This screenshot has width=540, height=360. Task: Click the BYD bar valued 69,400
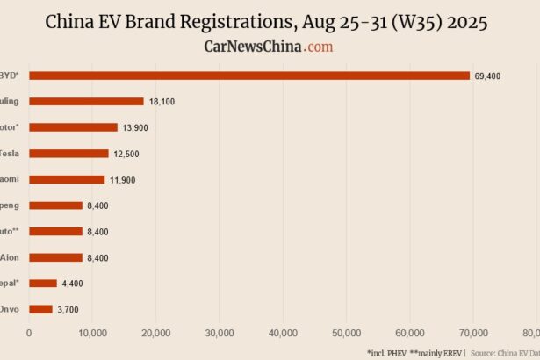click(249, 76)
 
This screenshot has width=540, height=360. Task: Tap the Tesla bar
click(68, 154)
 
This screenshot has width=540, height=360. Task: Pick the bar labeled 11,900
click(67, 179)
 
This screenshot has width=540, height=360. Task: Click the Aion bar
click(55, 257)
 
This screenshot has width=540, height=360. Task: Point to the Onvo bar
click(40, 309)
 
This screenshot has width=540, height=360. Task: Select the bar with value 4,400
click(43, 284)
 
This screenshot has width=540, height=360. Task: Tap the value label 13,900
click(135, 128)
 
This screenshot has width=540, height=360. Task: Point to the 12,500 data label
click(126, 155)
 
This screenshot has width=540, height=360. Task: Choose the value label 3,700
click(68, 310)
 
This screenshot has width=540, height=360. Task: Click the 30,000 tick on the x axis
click(220, 334)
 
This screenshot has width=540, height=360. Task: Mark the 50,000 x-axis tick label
click(347, 334)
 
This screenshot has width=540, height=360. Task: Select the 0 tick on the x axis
click(29, 334)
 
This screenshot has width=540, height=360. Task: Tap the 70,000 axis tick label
click(474, 334)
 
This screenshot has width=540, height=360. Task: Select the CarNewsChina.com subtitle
click(269, 46)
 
